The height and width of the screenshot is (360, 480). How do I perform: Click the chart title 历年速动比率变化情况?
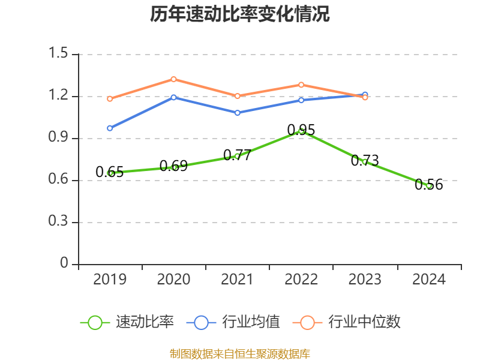click(240, 14)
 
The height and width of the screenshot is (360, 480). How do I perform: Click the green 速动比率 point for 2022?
click(301, 131)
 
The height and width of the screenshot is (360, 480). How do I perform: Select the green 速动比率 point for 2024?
click(429, 186)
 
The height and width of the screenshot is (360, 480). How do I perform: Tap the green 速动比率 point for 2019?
click(110, 173)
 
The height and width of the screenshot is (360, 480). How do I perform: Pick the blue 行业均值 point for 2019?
click(110, 128)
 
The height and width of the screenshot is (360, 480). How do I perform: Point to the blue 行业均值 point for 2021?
click(238, 112)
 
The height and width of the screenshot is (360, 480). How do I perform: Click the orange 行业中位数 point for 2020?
click(173, 79)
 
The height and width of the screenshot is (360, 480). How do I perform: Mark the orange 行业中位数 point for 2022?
click(301, 85)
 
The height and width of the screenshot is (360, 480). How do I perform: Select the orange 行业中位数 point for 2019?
click(110, 98)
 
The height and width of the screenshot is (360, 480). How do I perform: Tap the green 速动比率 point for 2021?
click(238, 156)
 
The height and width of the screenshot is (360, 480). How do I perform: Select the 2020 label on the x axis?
click(173, 280)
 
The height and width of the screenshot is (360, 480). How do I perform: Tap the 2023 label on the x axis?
click(365, 280)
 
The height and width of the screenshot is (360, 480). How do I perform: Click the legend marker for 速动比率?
click(95, 322)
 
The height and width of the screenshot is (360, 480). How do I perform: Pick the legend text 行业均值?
click(251, 322)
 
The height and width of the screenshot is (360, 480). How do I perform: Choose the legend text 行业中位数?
click(365, 322)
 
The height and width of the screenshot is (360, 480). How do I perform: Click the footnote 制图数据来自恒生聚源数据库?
click(240, 354)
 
